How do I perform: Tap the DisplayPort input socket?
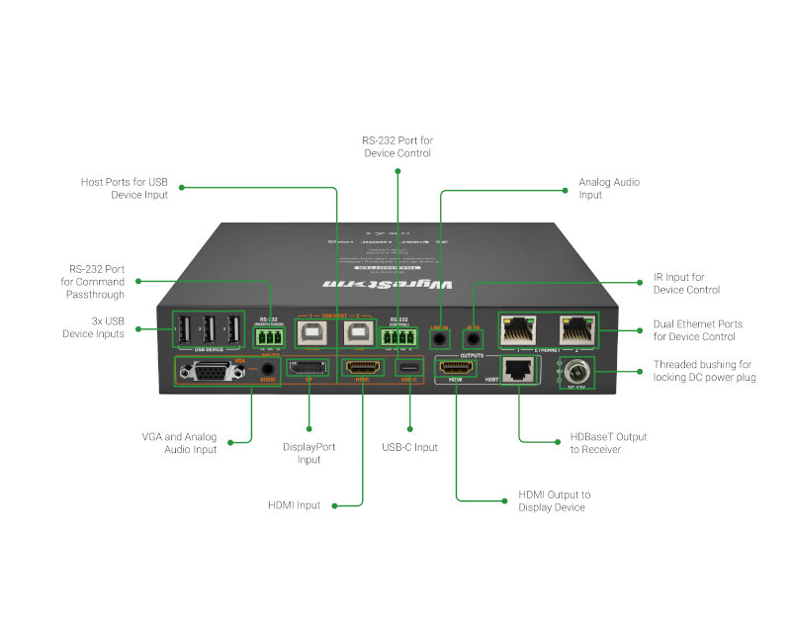[x=308, y=370]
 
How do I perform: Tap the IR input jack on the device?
[x=474, y=338]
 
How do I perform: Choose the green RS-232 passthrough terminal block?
[x=268, y=337]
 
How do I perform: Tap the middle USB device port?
[x=208, y=330]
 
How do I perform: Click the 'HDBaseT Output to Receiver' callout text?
[x=607, y=443]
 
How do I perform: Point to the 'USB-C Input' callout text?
[x=409, y=448]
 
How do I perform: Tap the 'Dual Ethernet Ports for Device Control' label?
[x=697, y=330]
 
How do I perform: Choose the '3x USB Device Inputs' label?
[x=95, y=327]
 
